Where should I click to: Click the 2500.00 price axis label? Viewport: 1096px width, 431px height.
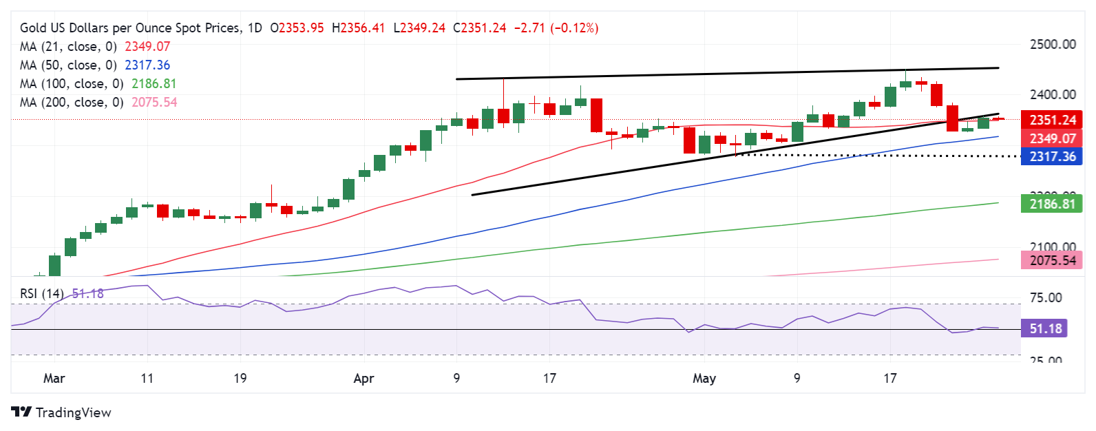click(1052, 44)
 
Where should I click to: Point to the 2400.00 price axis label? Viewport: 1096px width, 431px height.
click(1052, 94)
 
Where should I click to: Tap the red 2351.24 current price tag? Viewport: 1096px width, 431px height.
click(1052, 120)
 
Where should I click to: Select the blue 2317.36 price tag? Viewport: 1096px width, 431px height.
click(1052, 156)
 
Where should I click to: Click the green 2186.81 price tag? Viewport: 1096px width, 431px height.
click(1052, 204)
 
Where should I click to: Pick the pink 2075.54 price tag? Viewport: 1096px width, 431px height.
click(1052, 260)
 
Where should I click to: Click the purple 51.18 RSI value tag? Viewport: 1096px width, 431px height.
click(1045, 328)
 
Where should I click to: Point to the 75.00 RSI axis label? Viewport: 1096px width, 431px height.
click(1046, 298)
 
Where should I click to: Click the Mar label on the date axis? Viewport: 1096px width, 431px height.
click(54, 378)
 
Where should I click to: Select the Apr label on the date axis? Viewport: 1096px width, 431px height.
click(363, 378)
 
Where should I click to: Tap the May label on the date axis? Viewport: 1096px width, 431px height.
click(704, 378)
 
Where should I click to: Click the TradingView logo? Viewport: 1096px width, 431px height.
click(61, 412)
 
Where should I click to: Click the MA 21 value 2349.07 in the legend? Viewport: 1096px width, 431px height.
click(147, 47)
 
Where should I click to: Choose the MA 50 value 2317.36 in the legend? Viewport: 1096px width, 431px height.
click(147, 65)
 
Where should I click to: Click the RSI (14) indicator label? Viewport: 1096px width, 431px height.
click(41, 293)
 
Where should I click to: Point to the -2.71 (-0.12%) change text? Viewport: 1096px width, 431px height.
click(556, 28)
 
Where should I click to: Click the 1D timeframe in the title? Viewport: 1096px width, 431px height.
click(255, 28)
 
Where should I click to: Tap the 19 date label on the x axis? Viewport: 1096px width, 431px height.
click(240, 378)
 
